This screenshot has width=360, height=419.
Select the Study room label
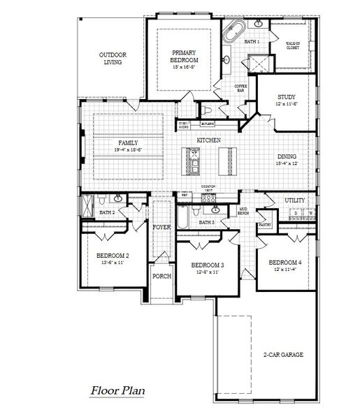click(x=287, y=97)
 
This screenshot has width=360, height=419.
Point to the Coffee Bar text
click(x=240, y=87)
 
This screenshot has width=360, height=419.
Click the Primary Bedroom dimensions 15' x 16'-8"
click(x=185, y=67)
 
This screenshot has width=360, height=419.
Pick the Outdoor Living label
click(x=110, y=58)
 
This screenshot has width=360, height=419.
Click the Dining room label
click(x=287, y=156)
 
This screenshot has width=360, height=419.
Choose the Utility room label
click(x=294, y=200)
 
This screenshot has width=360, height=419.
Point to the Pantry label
click(x=264, y=225)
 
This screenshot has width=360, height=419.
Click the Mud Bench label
click(x=244, y=210)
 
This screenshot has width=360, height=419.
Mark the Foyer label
click(x=161, y=227)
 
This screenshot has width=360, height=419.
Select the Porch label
click(x=161, y=276)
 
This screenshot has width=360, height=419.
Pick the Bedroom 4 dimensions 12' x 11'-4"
click(x=287, y=269)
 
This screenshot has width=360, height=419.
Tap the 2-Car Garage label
click(x=283, y=355)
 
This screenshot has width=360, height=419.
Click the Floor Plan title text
click(x=117, y=391)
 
